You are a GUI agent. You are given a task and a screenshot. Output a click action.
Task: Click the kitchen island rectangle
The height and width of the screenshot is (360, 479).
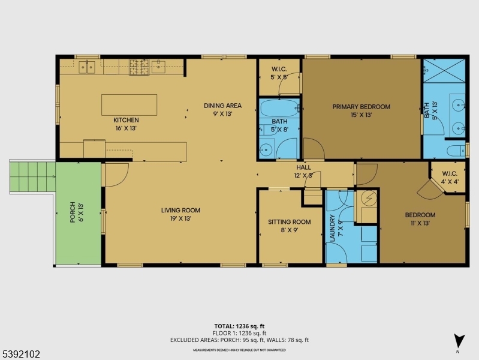click(x=129, y=104)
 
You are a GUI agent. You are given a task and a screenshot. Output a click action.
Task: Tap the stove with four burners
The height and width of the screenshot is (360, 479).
click(x=140, y=67)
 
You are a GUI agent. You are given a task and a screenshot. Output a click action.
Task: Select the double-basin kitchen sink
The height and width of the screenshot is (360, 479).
click(x=88, y=66)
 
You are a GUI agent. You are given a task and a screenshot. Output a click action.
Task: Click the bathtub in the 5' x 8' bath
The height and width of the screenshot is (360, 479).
click(x=279, y=110)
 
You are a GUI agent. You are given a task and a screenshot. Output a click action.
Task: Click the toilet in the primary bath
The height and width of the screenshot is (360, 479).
click(x=457, y=150)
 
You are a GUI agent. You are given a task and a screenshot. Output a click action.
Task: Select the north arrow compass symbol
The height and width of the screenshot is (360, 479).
click(x=459, y=340)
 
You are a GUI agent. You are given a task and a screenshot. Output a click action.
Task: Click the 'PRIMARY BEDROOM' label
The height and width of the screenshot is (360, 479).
click(x=361, y=107)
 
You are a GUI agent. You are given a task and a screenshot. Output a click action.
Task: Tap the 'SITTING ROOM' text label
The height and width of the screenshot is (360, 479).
click(x=289, y=222)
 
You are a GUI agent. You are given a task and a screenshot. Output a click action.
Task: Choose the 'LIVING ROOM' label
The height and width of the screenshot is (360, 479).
click(x=180, y=211)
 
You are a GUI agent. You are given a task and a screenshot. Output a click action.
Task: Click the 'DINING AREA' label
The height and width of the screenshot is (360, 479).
click(x=222, y=106)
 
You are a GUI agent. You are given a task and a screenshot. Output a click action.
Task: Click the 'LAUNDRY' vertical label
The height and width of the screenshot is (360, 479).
click(x=332, y=228)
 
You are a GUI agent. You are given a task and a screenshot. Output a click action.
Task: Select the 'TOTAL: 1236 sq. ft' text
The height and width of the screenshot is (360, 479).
click(x=240, y=326)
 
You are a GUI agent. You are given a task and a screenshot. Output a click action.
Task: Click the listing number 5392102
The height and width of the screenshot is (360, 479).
click(x=21, y=354)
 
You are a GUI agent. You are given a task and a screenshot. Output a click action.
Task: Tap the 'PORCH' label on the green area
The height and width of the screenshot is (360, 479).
click(x=73, y=212)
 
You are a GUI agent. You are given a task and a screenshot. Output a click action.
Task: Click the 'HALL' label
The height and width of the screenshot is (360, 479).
click(x=304, y=167)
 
